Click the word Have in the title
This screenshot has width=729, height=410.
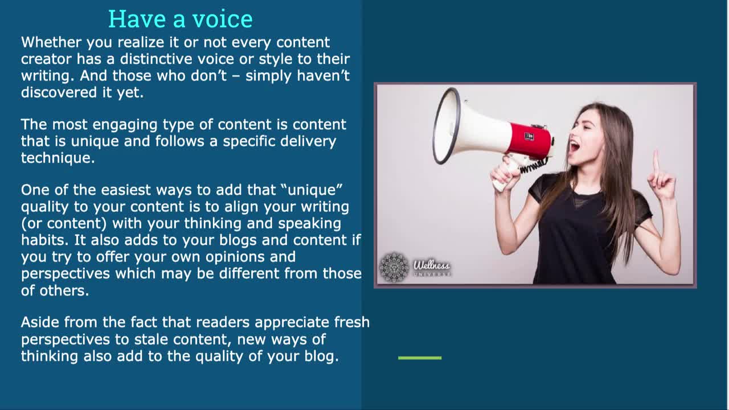137,19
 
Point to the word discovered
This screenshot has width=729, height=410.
59,92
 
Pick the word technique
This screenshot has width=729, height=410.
58,159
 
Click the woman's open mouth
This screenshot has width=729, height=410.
575,146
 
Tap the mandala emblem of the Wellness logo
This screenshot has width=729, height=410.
394,267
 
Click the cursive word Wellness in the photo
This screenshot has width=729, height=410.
432,265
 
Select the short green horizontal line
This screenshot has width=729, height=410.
420,358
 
